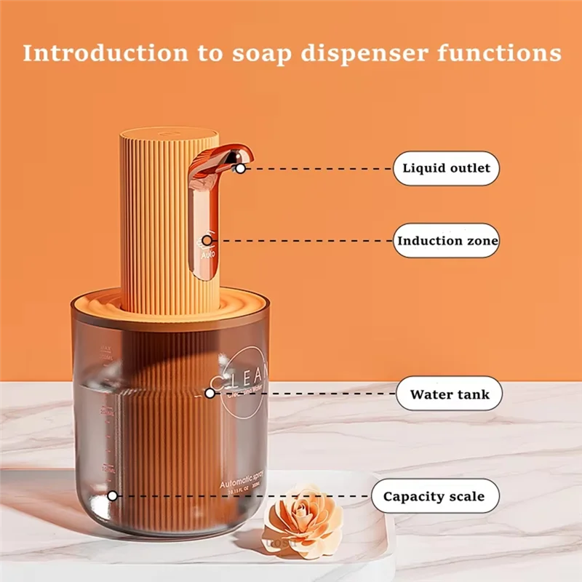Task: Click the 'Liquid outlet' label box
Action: click(447, 168)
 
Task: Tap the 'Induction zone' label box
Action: click(447, 240)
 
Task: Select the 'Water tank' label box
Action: click(450, 395)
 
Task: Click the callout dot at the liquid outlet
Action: click(240, 168)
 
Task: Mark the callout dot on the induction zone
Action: click(207, 239)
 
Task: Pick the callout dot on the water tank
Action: click(210, 393)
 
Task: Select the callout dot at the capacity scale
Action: click(113, 496)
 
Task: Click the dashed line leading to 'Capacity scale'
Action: click(240, 496)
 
